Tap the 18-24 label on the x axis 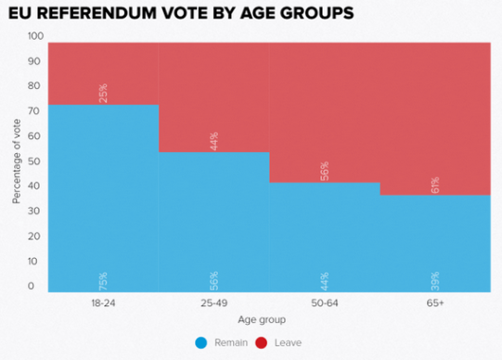103,302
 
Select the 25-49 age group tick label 213,302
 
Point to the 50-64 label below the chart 325,302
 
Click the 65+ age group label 435,302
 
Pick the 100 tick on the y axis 35,36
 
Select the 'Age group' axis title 269,321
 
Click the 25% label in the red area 103,93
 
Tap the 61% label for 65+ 435,183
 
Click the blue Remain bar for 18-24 103,195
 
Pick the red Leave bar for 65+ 435,111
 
